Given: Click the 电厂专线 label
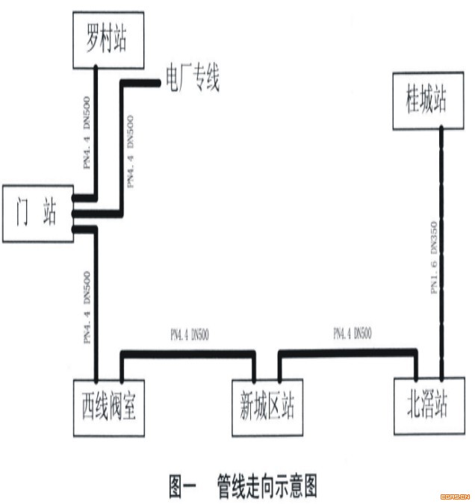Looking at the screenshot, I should [x=192, y=78].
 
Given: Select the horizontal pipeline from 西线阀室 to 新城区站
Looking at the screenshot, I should [x=187, y=351].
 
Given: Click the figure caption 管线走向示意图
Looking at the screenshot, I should [x=267, y=486].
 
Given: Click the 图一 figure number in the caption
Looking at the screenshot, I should [x=181, y=486].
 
